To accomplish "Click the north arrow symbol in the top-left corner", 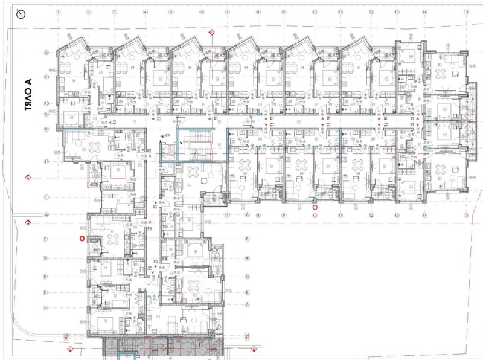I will pos(22,14).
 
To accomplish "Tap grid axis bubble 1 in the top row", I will pos(58,12).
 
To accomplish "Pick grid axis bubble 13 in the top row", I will pos(397,12).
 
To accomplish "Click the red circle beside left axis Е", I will pos(82,239).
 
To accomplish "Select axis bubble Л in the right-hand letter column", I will pos(248,308).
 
